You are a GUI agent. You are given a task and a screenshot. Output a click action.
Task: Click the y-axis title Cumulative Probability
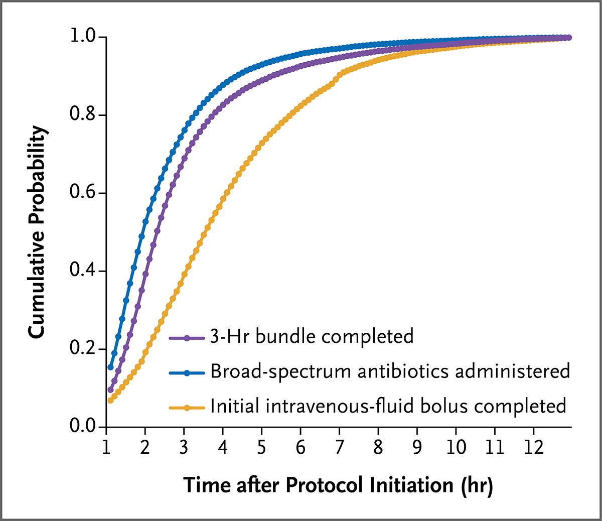click(x=38, y=232)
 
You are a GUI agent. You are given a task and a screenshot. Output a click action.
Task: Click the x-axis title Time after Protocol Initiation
click(x=338, y=485)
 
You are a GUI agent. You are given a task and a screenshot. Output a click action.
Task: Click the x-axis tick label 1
click(x=106, y=446)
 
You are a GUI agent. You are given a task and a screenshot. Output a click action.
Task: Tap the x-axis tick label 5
click(x=262, y=446)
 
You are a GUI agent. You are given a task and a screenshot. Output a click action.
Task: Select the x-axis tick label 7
click(x=340, y=446)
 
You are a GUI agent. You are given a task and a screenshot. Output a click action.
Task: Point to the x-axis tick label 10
click(x=456, y=446)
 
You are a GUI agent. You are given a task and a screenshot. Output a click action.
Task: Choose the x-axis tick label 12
click(x=534, y=446)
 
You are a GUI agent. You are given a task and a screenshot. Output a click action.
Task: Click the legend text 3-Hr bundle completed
click(x=312, y=336)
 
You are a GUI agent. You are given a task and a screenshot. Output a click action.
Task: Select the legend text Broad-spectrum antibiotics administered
click(x=390, y=371)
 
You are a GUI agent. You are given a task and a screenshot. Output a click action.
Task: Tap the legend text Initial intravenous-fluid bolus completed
click(x=388, y=406)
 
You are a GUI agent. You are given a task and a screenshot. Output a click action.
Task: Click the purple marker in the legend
click(x=187, y=338)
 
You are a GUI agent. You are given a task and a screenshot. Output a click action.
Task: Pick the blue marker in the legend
click(x=187, y=373)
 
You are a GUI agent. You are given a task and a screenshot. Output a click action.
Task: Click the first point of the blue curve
click(x=110, y=367)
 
